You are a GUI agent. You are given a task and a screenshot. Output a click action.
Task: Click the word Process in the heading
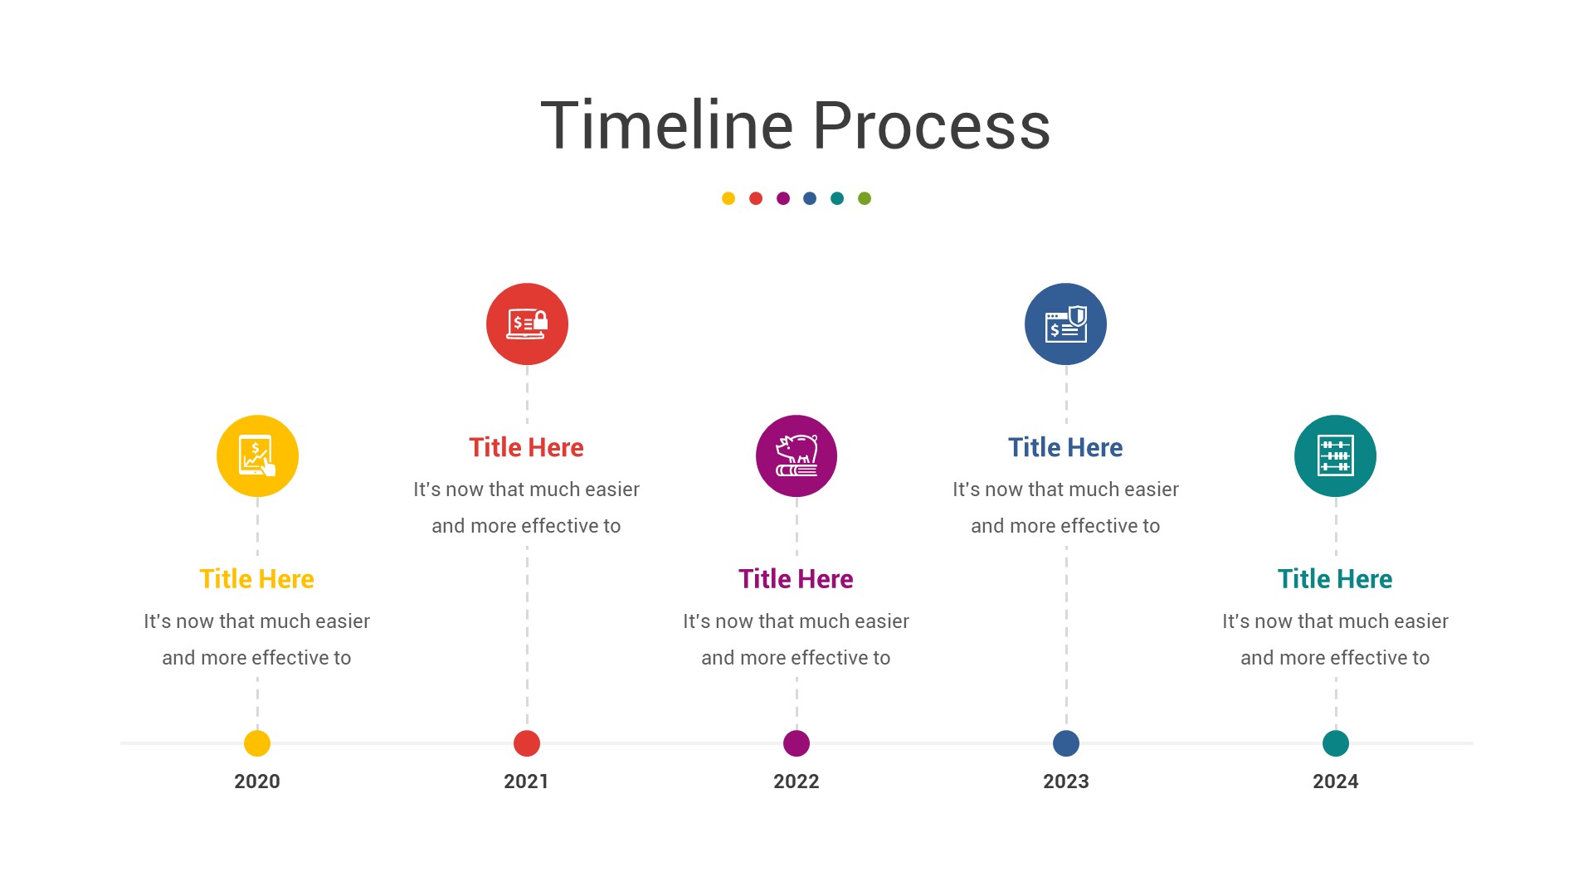(x=932, y=126)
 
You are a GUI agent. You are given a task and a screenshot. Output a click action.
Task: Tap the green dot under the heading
(x=865, y=198)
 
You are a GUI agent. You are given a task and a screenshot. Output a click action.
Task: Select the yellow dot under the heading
(x=728, y=198)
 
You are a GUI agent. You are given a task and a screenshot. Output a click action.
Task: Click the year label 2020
(x=257, y=782)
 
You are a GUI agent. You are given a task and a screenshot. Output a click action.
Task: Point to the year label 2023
(x=1066, y=782)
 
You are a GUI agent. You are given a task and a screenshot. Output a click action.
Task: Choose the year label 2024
(x=1336, y=782)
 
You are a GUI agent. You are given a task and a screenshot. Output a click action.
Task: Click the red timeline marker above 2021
(x=527, y=743)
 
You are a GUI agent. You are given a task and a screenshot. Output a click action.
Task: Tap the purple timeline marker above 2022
(x=796, y=743)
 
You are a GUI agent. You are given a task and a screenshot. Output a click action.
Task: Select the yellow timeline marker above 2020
(x=257, y=743)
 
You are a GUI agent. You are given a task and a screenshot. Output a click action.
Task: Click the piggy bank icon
(x=796, y=455)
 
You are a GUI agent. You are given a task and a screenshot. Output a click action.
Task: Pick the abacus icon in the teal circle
(x=1336, y=455)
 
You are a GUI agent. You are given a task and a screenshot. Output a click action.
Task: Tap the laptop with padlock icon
(x=528, y=324)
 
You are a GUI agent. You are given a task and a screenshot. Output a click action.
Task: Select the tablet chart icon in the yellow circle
(x=257, y=455)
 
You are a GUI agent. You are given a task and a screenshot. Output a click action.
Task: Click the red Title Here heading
(x=527, y=447)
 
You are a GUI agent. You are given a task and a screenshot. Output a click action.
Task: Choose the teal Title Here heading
(x=1335, y=579)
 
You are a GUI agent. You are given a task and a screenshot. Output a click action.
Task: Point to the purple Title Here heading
(x=796, y=579)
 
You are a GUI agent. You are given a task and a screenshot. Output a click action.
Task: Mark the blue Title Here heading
(x=1065, y=447)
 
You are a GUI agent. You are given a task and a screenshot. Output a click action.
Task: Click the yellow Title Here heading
(x=257, y=579)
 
